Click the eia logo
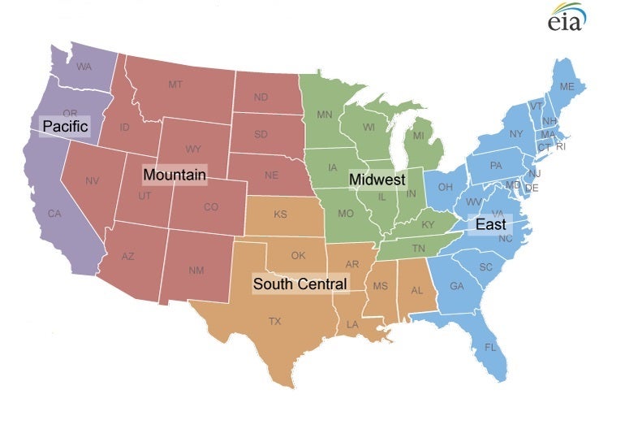[x=567, y=18]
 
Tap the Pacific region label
[x=65, y=127]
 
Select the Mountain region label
[x=175, y=175]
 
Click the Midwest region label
[x=377, y=180]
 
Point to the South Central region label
[x=300, y=284]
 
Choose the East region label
[x=490, y=224]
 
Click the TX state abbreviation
[x=275, y=322]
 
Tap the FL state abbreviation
[x=490, y=347]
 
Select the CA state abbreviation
[x=54, y=214]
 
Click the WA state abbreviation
[x=84, y=67]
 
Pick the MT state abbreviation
[x=175, y=84]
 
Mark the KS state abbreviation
[x=280, y=215]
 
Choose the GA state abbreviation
[x=457, y=286]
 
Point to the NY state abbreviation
[x=516, y=134]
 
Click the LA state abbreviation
[x=352, y=324]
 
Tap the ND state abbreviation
[x=261, y=97]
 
